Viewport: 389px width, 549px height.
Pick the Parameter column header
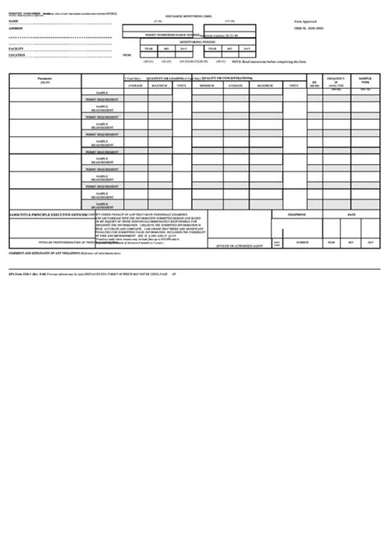click(44, 80)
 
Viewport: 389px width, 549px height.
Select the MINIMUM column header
click(207, 85)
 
